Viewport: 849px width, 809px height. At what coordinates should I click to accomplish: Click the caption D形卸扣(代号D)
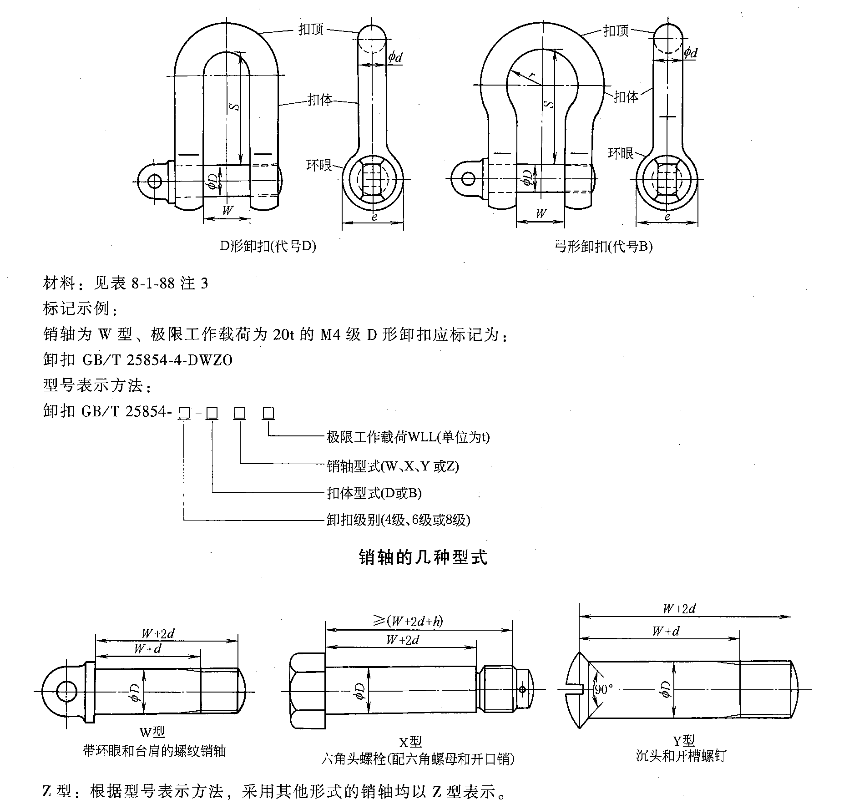tap(268, 246)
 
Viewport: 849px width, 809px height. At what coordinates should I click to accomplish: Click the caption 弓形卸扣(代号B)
tap(603, 247)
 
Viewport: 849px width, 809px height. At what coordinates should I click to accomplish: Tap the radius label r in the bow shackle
tap(531, 74)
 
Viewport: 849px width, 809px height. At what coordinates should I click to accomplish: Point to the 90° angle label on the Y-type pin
tap(604, 689)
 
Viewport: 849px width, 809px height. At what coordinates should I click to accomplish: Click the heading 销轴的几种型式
tap(423, 557)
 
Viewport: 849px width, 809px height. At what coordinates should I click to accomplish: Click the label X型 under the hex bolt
tap(410, 742)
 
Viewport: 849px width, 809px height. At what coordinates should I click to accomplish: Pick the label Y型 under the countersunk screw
tap(683, 740)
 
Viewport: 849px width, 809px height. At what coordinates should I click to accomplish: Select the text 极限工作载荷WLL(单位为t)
tap(408, 437)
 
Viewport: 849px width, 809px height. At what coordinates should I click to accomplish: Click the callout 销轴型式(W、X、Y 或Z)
tap(393, 466)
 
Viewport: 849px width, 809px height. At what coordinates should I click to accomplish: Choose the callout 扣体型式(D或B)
tap(374, 493)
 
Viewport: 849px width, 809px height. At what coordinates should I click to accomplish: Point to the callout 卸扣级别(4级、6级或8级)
tap(398, 520)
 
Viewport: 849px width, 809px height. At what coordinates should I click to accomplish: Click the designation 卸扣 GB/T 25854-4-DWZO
tap(138, 360)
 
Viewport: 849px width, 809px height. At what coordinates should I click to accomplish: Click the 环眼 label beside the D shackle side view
tap(319, 165)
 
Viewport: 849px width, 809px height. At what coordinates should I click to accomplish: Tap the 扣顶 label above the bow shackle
tap(616, 31)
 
